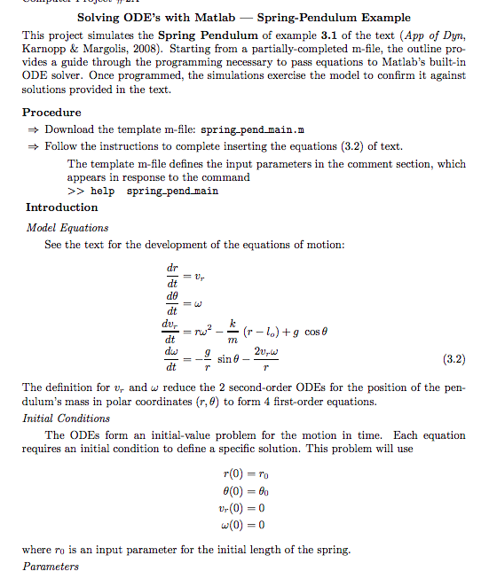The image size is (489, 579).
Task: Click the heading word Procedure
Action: click(x=51, y=113)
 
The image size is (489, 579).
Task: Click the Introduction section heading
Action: click(x=61, y=207)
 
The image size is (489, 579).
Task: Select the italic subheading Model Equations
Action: click(x=67, y=228)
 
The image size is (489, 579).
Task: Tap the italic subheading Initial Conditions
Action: click(x=67, y=418)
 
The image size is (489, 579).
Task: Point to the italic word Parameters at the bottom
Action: click(x=51, y=566)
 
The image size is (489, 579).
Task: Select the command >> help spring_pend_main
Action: click(x=142, y=191)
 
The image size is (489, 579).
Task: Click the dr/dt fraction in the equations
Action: click(x=171, y=275)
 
